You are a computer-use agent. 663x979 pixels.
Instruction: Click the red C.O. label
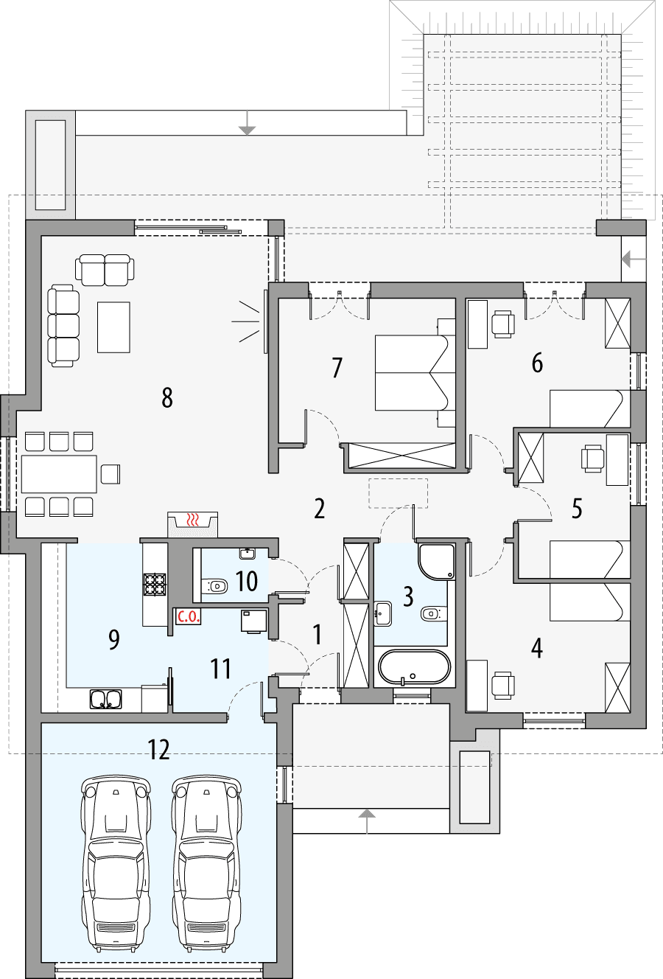pyautogui.click(x=188, y=617)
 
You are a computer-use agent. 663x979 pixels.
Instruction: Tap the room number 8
pyautogui.click(x=167, y=398)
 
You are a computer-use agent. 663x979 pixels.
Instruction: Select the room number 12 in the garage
pyautogui.click(x=159, y=750)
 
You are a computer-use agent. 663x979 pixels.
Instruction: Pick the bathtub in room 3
pyautogui.click(x=413, y=667)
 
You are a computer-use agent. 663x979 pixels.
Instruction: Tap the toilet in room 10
pyautogui.click(x=216, y=587)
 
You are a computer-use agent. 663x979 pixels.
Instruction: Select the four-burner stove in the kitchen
pyautogui.click(x=155, y=584)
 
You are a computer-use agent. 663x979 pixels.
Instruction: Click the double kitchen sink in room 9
pyautogui.click(x=106, y=698)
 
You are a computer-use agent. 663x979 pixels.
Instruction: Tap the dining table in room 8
pyautogui.click(x=59, y=474)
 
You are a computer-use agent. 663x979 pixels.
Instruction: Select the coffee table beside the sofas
pyautogui.click(x=113, y=327)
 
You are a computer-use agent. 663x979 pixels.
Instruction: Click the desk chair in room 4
pyautogui.click(x=503, y=685)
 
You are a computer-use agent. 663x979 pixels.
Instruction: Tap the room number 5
pyautogui.click(x=577, y=509)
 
